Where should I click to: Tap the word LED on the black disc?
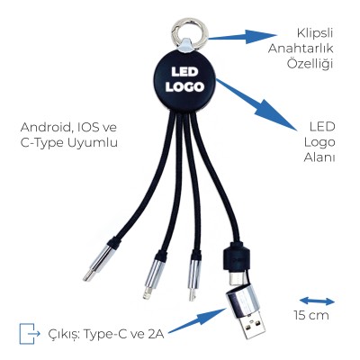point(184,72)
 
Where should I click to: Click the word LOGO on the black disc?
point(184,87)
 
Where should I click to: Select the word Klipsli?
point(315,33)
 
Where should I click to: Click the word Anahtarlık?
point(301,49)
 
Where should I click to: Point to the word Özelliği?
point(310,63)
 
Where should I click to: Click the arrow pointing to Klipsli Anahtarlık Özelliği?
point(242,37)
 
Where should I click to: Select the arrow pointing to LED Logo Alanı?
point(256,104)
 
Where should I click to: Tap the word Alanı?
point(319,157)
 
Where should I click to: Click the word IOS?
point(88,128)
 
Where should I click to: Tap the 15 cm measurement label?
point(311,315)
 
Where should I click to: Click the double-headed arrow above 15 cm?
point(317,301)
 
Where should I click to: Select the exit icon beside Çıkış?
point(29,333)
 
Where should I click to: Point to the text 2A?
point(156,334)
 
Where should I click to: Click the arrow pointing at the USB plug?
point(197,320)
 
